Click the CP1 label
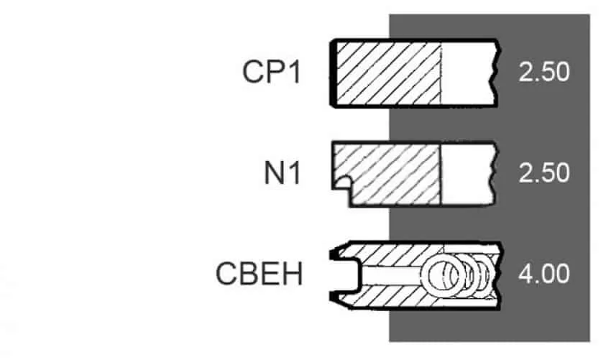click(x=272, y=72)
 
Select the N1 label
click(x=282, y=173)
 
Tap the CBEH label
click(x=259, y=274)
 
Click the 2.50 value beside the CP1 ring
click(x=544, y=72)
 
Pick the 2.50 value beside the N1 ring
click(x=544, y=173)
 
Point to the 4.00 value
click(x=544, y=274)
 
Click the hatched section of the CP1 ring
click(x=388, y=73)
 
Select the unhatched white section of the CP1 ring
click(x=468, y=73)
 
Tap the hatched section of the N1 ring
click(x=390, y=173)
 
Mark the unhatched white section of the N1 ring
click(x=467, y=174)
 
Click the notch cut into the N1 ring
click(x=341, y=183)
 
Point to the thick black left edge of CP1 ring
click(x=333, y=73)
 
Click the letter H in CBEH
click(x=293, y=274)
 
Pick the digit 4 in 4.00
click(x=525, y=274)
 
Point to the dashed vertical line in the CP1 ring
click(x=441, y=73)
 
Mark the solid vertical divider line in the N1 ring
click(x=441, y=174)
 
